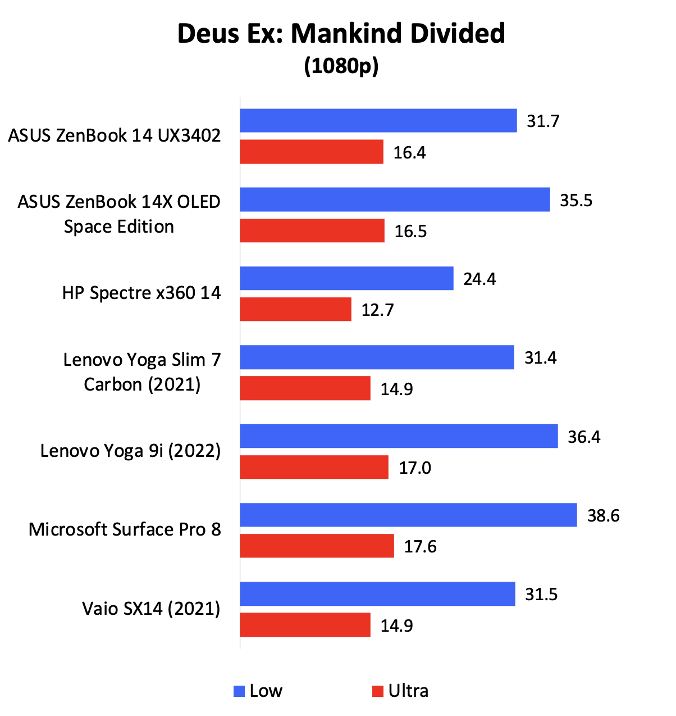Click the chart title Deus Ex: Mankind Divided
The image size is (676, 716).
[341, 34]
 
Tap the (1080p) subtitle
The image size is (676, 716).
[341, 66]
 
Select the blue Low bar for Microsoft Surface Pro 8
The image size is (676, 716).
[408, 515]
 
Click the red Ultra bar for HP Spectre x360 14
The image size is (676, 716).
[295, 310]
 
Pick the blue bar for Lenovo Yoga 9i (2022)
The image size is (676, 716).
[399, 436]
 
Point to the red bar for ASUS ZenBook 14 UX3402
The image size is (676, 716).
[312, 152]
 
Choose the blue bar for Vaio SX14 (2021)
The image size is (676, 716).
[377, 594]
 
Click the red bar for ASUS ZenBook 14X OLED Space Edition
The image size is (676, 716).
[312, 231]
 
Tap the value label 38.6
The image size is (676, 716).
[604, 515]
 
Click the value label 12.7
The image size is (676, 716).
[377, 310]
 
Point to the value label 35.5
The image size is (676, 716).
[576, 201]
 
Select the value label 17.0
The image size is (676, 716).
[415, 468]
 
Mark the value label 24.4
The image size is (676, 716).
[479, 279]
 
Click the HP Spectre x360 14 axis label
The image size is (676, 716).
[141, 293]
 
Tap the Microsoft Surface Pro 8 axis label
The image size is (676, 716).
[125, 529]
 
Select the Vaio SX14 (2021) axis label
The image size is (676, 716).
[151, 609]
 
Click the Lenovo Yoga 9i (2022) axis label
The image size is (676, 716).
[130, 451]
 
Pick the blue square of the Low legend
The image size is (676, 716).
[239, 691]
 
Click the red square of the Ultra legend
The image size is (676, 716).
[377, 691]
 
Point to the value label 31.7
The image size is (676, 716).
[543, 121]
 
